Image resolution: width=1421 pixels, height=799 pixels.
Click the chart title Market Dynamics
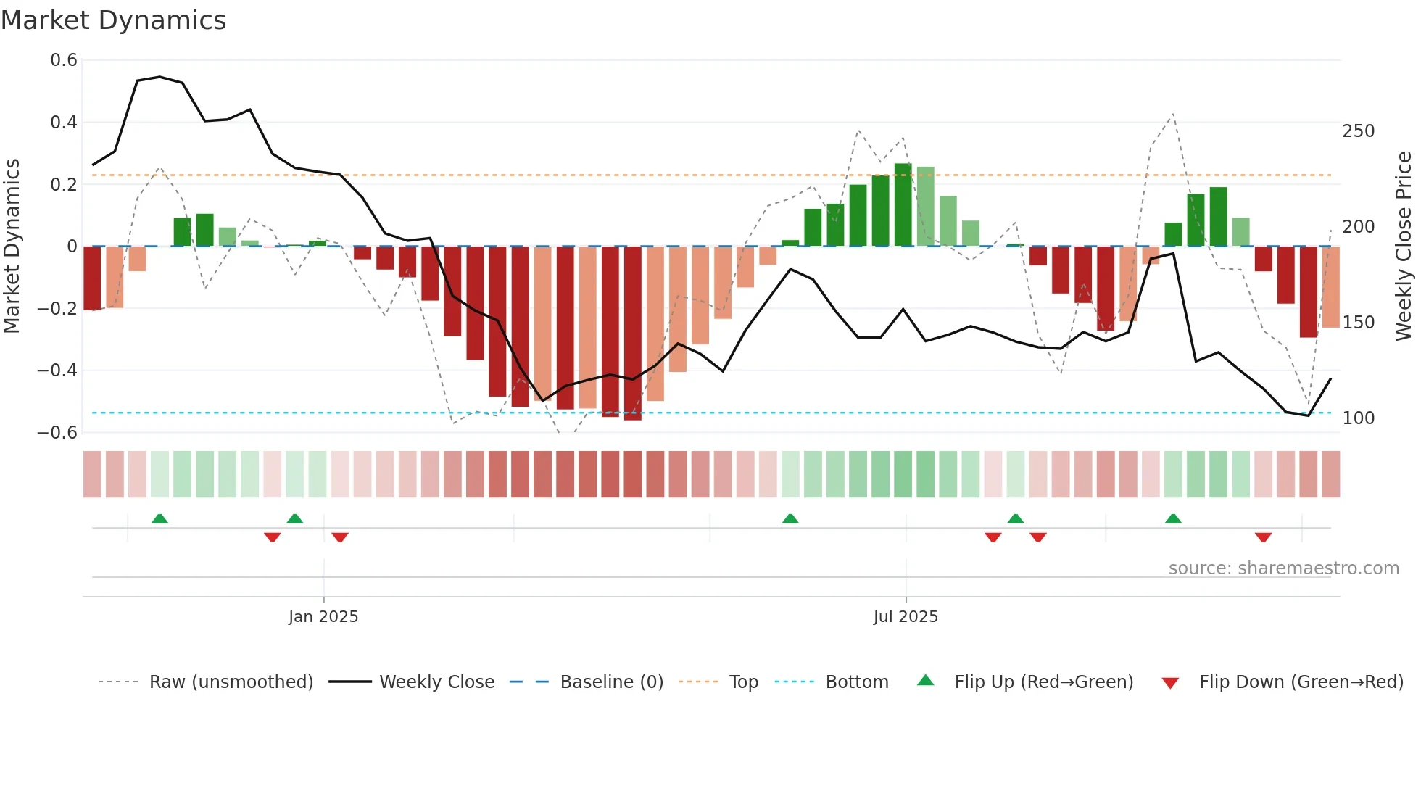114,20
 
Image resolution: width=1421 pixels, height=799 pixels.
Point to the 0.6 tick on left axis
64,60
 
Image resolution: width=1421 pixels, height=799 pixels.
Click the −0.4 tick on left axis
57,370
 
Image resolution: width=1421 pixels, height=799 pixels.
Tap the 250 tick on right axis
1358,131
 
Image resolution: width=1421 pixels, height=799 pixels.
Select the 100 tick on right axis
1358,418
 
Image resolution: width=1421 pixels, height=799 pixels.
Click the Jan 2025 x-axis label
323,617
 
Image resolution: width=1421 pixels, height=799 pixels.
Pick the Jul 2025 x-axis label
906,617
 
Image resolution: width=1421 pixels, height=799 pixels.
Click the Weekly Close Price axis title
1404,247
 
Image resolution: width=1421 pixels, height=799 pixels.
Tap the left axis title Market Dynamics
12,247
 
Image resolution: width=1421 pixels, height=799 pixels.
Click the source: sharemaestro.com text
1283,568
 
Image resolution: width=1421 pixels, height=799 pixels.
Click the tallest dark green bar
903,205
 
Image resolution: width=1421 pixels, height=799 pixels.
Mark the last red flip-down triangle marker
1263,537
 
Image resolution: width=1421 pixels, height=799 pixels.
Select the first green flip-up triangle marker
159,518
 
